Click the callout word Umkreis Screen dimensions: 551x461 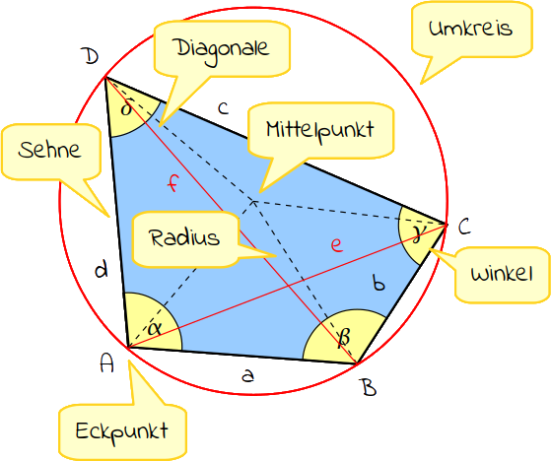470,29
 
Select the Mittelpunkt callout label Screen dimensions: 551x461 319,131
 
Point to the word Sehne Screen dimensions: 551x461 49,150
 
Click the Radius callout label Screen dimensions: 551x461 184,237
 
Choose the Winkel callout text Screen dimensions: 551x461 502,274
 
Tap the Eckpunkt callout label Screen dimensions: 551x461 122,432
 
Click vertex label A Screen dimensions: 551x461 106,363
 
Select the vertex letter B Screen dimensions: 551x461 370,388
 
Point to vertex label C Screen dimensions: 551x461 464,227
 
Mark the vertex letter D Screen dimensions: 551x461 91,56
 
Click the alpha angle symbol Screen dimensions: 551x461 155,328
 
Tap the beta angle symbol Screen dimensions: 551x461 343,338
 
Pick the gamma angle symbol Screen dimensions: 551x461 419,234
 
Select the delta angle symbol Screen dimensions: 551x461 127,107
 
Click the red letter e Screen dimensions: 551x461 337,245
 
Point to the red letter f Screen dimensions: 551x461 172,183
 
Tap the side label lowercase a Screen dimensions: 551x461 247,375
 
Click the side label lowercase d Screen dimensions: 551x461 102,271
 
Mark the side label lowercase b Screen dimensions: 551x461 379,283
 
